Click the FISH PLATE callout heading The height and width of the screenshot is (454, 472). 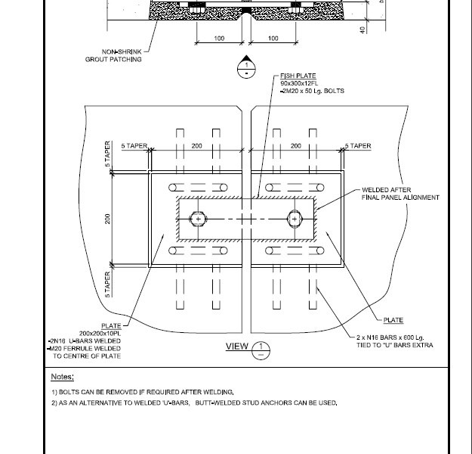[298, 76]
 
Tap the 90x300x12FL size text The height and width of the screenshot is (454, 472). [299, 83]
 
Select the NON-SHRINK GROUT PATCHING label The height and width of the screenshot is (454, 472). [113, 55]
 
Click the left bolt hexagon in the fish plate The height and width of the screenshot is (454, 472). [198, 219]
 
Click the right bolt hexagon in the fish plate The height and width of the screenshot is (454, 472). [295, 219]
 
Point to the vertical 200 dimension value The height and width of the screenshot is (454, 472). [107, 219]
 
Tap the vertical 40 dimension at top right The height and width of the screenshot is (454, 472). [362, 30]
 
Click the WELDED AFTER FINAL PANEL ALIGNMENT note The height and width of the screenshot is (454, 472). [400, 194]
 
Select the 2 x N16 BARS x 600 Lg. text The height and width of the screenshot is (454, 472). [390, 337]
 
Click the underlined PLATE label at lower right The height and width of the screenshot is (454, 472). [393, 320]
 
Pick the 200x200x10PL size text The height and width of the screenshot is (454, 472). [100, 334]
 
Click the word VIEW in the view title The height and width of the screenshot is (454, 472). [237, 347]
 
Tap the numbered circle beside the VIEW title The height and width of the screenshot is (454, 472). [261, 350]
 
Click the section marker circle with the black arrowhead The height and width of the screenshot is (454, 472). [246, 69]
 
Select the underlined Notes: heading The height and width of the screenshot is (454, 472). [63, 377]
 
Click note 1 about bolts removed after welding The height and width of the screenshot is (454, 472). [143, 392]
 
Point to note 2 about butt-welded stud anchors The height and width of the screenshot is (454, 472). [194, 403]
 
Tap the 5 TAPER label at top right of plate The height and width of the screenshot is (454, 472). [358, 146]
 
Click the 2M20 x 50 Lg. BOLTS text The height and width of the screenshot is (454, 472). [313, 91]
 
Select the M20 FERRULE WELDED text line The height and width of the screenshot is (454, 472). [85, 348]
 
